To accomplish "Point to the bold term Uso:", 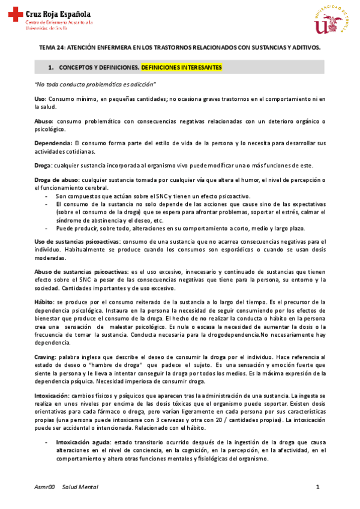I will click(41, 98).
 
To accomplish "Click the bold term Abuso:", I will click(44, 121).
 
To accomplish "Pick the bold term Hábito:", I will click(45, 302).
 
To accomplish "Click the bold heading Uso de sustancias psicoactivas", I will click(77, 241).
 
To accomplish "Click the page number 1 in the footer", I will click(317, 487).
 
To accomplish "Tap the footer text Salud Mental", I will click(80, 487).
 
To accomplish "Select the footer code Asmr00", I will click(44, 487).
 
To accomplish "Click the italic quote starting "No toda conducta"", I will click(95, 83).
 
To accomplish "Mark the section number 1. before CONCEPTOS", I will click(52, 67).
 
